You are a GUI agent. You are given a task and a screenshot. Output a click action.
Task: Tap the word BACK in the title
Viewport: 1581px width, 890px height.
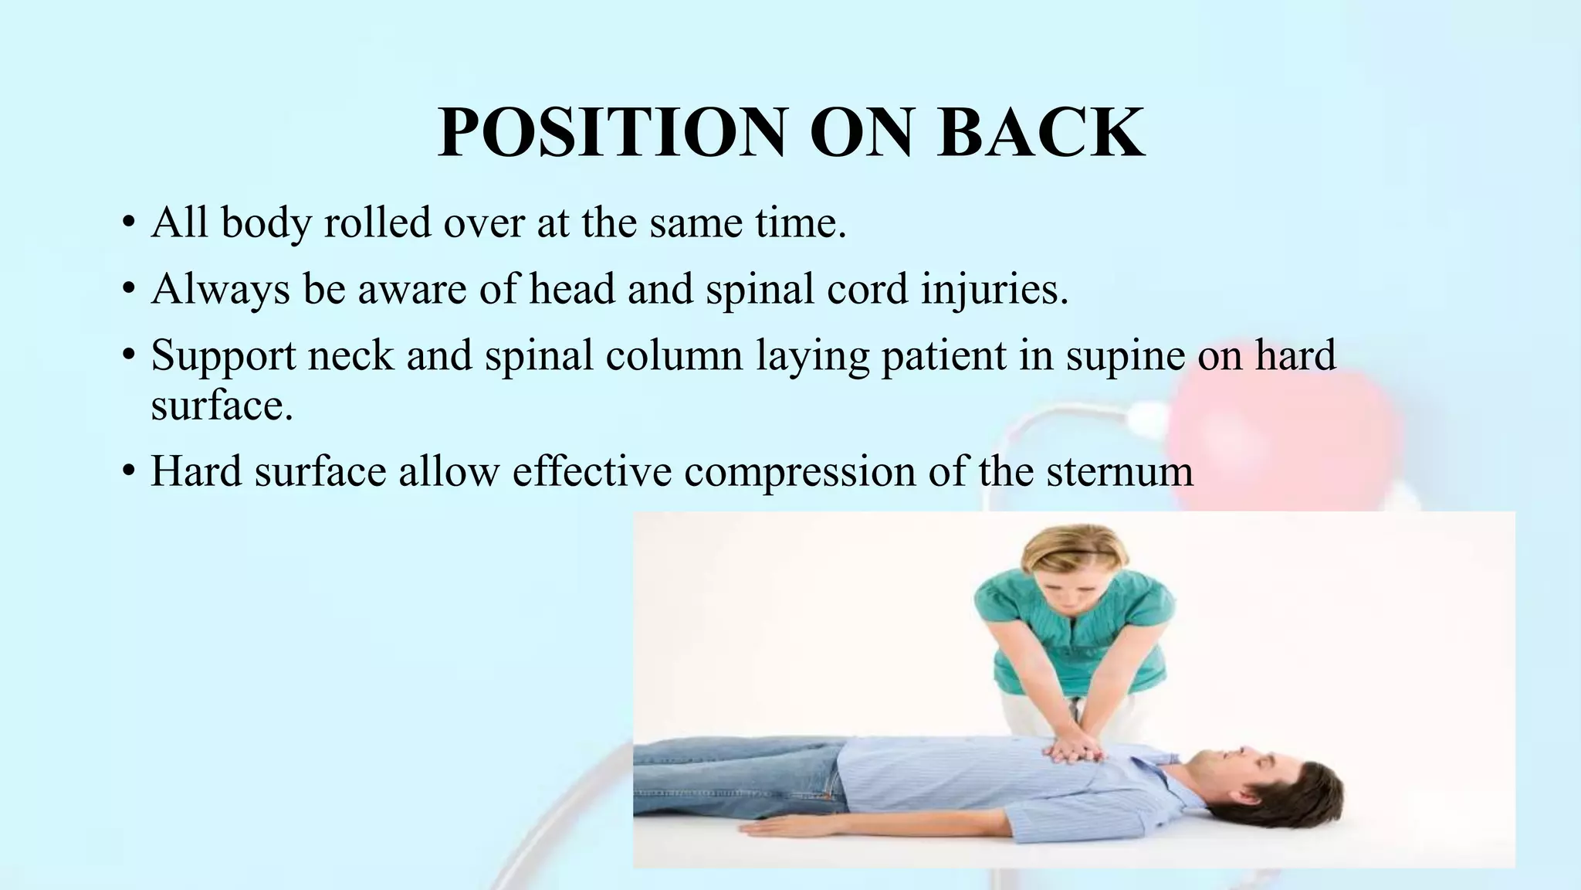pyautogui.click(x=1041, y=133)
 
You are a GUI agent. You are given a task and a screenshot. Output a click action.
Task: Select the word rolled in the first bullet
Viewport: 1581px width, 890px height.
pyautogui.click(x=377, y=222)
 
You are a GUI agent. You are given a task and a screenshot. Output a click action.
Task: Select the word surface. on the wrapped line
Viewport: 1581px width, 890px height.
pyautogui.click(x=222, y=405)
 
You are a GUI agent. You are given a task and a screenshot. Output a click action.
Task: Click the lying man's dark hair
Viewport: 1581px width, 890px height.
pyautogui.click(x=1312, y=780)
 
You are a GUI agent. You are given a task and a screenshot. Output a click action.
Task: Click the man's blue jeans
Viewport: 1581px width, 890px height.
pyautogui.click(x=741, y=769)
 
